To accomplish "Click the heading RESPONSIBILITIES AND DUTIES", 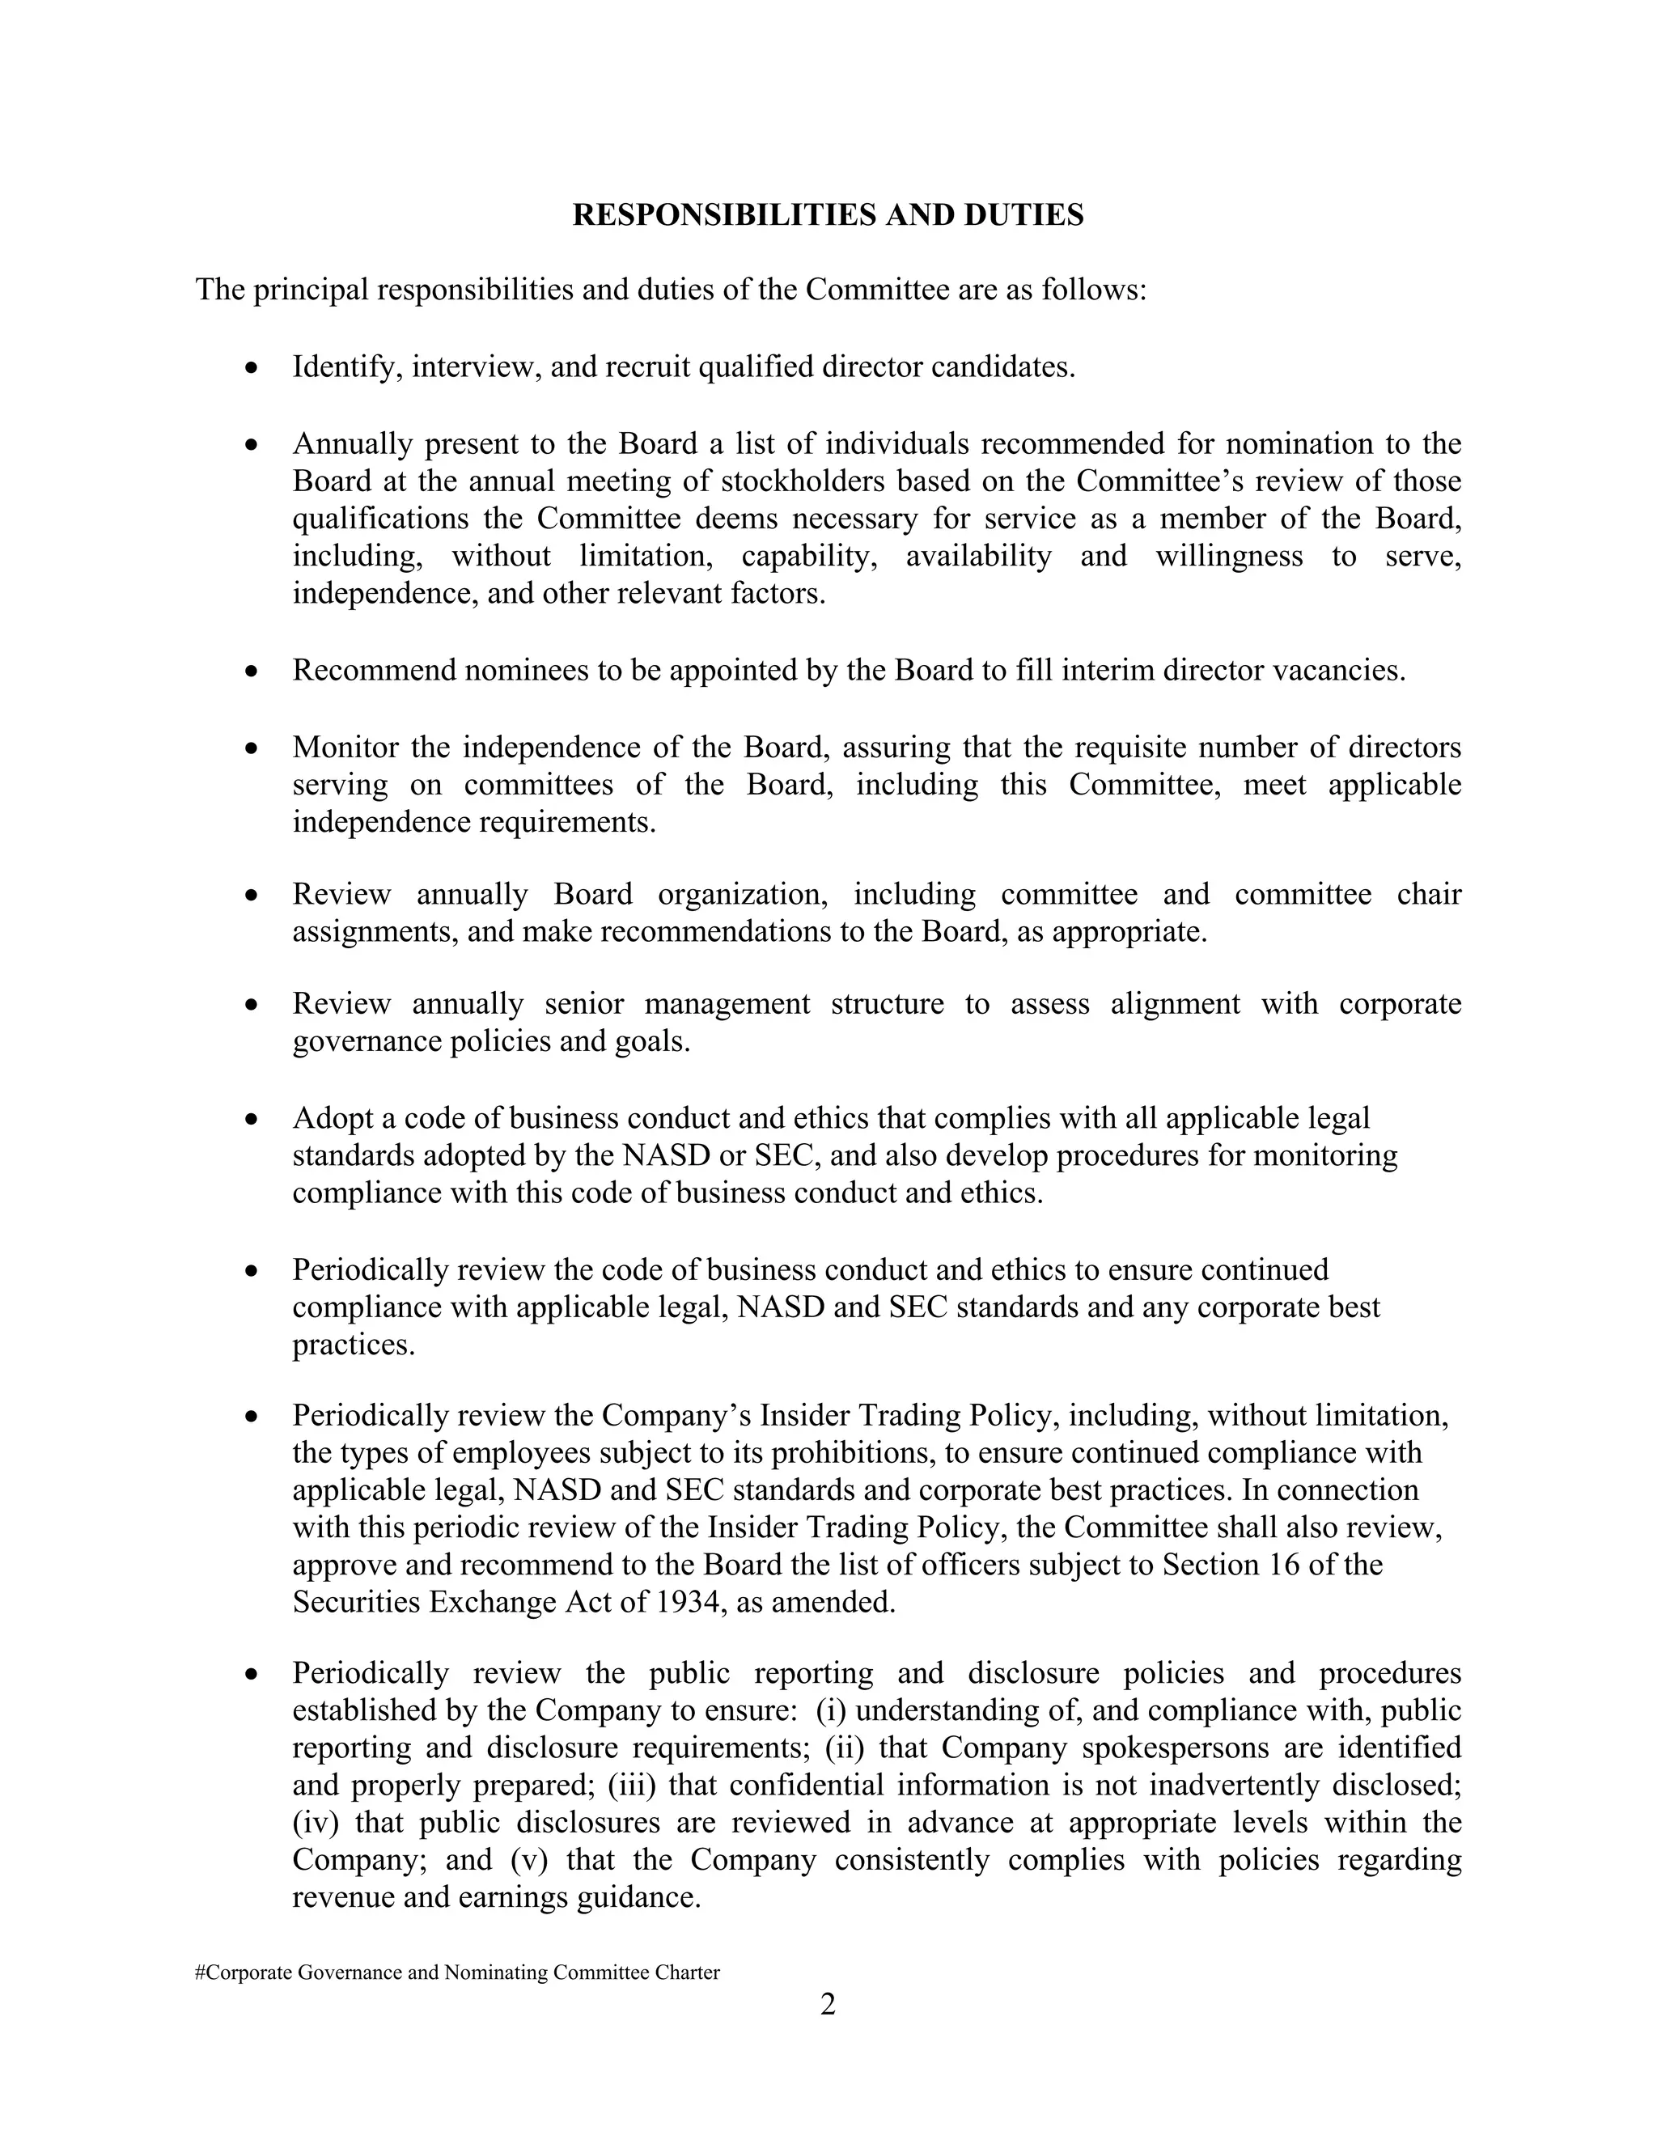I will (x=828, y=215).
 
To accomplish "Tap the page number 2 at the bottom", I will (x=828, y=2003).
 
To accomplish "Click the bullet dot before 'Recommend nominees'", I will (x=252, y=672).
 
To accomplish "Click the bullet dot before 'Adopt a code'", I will (x=252, y=1119).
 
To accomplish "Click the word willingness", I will (x=1228, y=556).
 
